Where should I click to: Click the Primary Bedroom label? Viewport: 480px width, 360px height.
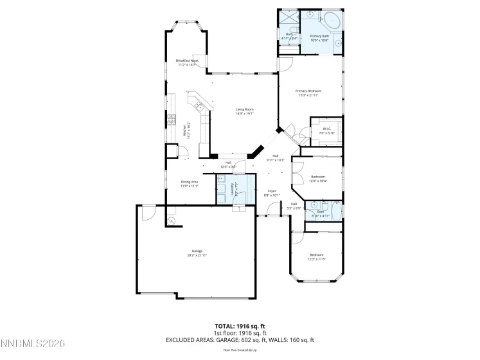coord(308,93)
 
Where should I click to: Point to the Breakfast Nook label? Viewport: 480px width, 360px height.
coord(187,62)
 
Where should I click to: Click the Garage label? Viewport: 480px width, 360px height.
coord(197,253)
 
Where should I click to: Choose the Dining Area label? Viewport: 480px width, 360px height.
coord(189,184)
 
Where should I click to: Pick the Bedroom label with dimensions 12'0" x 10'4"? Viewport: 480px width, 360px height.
coord(318,179)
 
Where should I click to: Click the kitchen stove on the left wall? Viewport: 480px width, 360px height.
coord(172,120)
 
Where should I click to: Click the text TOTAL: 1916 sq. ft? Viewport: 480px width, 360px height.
coord(240,327)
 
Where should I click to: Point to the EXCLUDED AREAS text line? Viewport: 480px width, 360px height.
coord(240,339)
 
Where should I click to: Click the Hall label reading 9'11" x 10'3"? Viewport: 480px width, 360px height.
coord(275,158)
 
